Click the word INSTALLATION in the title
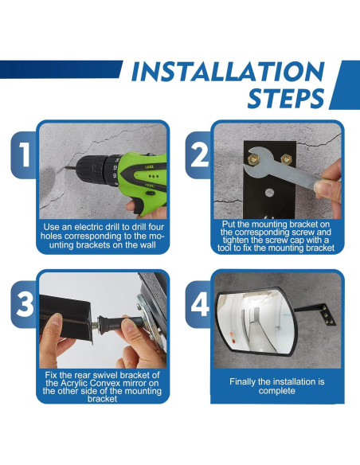228,72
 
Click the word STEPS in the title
286,98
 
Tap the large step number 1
25,154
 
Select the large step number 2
200,154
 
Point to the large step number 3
25,304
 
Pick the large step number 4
200,304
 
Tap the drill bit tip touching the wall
65,169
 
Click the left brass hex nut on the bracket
253,159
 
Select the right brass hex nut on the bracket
286,159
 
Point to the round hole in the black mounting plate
269,193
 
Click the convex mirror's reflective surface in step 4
256,322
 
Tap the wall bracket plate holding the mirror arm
328,315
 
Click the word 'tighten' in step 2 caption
234,240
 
